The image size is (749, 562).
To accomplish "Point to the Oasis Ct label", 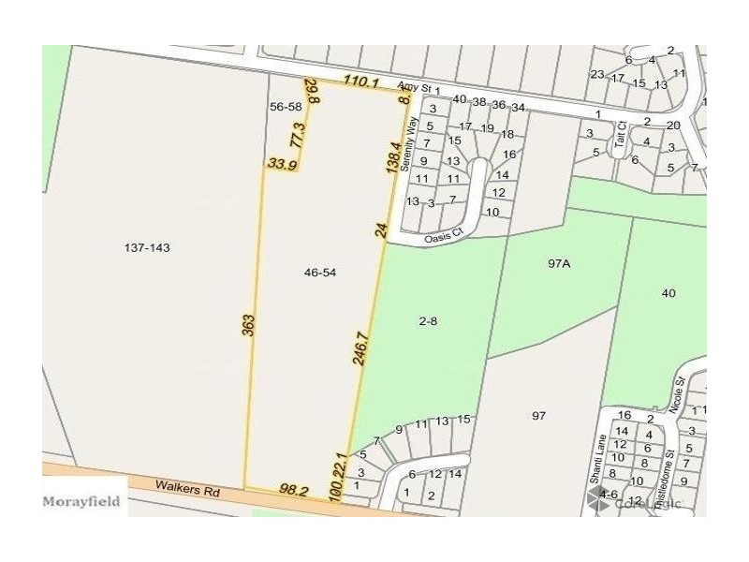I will coord(442,237).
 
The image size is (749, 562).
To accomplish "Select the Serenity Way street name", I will coord(409,143).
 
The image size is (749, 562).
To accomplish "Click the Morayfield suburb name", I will coord(81,501).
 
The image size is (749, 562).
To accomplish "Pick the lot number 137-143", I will coord(152,248).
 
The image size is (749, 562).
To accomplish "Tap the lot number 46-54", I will coord(320,273).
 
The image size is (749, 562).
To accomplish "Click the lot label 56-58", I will coord(286,107).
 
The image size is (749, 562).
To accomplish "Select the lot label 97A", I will coord(559,264).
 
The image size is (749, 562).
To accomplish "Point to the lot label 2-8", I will coord(429,320).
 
